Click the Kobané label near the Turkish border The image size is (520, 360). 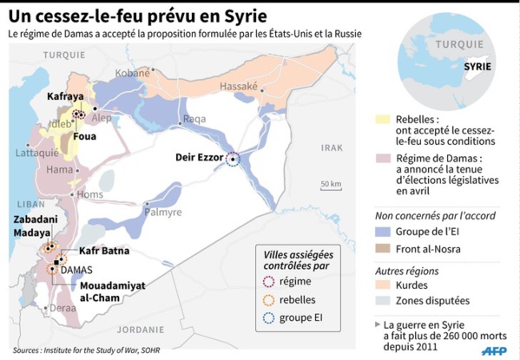(133, 73)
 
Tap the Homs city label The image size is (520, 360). (89, 194)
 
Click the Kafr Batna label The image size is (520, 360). (103, 251)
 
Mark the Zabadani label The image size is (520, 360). (36, 220)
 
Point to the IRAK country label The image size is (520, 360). (332, 148)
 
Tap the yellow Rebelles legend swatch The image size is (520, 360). (382, 119)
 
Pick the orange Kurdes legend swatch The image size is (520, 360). (382, 284)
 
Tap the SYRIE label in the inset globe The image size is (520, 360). (476, 64)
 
